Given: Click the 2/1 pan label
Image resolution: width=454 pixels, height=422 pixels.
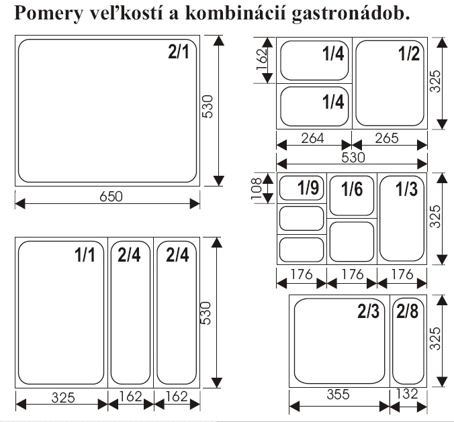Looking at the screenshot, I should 179,53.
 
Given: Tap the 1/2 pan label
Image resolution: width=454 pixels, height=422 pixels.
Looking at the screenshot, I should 408,54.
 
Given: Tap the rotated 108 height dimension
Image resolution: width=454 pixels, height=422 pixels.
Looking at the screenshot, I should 265,190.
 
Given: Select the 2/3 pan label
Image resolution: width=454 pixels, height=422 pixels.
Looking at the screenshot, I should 369,311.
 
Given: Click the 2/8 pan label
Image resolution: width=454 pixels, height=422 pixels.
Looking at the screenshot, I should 407,311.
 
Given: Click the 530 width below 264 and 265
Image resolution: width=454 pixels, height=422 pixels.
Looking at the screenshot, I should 353,158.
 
